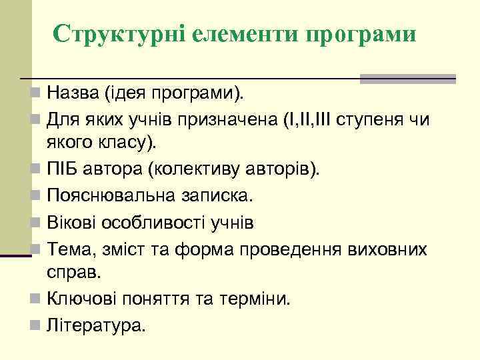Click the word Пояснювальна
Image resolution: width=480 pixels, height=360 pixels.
(x=111, y=197)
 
